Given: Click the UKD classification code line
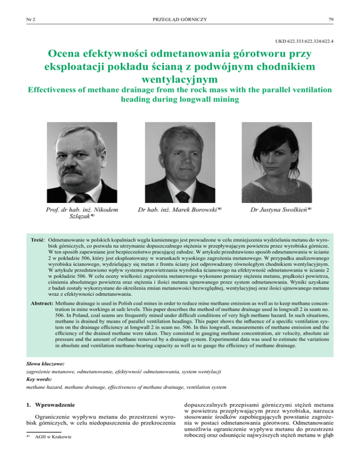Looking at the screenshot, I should [293, 41].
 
